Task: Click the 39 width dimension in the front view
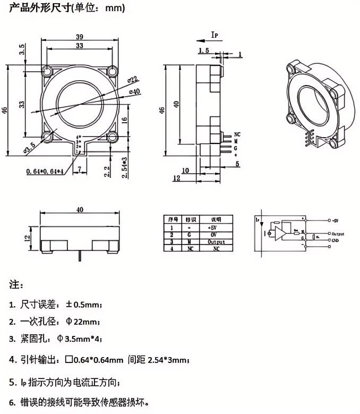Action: point(80,36)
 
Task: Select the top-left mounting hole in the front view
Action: point(48,71)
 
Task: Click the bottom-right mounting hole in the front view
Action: point(112,138)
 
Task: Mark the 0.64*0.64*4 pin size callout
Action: point(45,171)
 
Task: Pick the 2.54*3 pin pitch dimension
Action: point(124,167)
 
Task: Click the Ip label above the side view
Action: point(215,35)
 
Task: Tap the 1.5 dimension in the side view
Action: point(203,50)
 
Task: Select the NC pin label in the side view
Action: point(237,134)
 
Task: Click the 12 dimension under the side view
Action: point(176,179)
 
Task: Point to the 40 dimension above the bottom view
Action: point(80,210)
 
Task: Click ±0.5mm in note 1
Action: point(83,305)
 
